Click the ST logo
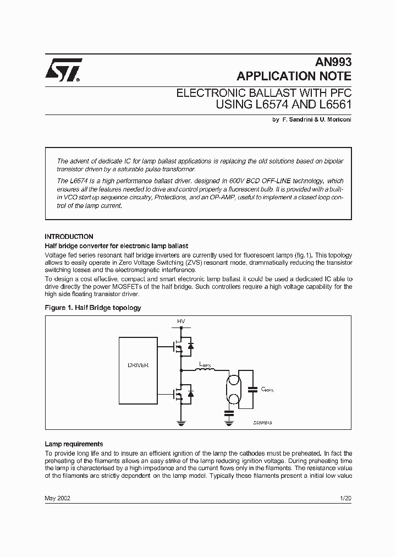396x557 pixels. pyautogui.click(x=64, y=70)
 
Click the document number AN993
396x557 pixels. pyautogui.click(x=333, y=62)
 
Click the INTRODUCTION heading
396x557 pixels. pyautogui.click(x=69, y=237)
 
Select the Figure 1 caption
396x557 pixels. pyautogui.click(x=92, y=308)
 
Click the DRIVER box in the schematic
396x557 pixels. pyautogui.click(x=137, y=365)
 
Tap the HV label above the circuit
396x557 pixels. pyautogui.click(x=181, y=321)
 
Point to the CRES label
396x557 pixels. pyautogui.click(x=267, y=389)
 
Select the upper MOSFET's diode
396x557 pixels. pyautogui.click(x=191, y=346)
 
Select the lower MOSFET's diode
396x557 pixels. pyautogui.click(x=191, y=394)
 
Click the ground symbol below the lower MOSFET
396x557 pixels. pyautogui.click(x=181, y=423)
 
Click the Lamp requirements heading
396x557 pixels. pyautogui.click(x=74, y=444)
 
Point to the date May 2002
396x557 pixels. pyautogui.click(x=57, y=498)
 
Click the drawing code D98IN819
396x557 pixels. pyautogui.click(x=263, y=422)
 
